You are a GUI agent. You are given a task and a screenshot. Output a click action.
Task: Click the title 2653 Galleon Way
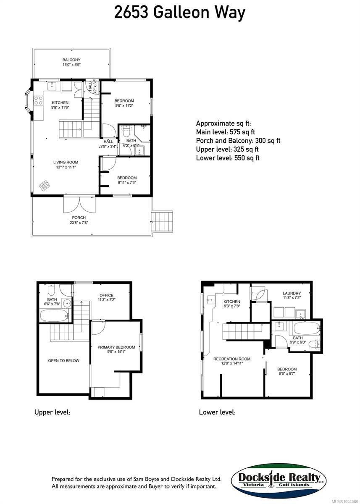pos(179,13)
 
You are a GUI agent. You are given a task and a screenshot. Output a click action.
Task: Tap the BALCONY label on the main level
pos(71,60)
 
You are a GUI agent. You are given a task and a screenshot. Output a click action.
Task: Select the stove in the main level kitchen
pos(38,100)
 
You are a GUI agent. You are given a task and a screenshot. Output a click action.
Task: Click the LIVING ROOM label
pos(66,163)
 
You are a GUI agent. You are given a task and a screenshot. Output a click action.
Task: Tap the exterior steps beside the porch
pos(162,220)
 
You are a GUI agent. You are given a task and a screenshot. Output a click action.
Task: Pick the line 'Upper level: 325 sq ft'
pos(227,150)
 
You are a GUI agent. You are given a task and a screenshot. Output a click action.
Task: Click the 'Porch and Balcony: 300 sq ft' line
pos(238,141)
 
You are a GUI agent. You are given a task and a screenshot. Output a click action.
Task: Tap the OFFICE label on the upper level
pos(106,295)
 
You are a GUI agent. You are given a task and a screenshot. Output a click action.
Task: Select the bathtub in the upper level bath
pos(54,315)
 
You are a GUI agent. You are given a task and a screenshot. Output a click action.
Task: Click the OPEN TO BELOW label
pos(63,360)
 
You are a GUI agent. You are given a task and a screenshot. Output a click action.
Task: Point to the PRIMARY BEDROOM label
pos(116,347)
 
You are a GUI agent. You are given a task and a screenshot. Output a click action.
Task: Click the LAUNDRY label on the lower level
pos(292,293)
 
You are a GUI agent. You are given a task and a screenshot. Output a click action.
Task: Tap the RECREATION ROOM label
pos(231,359)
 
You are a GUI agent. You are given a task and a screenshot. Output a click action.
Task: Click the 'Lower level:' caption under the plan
pos(217,413)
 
